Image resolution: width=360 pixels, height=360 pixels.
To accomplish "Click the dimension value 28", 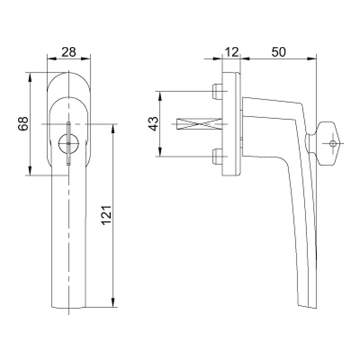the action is tap(69, 52).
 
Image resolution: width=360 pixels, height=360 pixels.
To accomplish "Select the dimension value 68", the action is tap(23, 124).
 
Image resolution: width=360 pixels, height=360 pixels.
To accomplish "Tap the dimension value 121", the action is tap(106, 215).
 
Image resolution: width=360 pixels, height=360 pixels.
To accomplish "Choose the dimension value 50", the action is tap(279, 52).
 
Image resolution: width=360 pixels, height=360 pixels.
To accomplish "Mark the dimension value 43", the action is tap(153, 124).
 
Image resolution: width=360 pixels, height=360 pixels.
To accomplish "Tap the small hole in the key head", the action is tap(333, 144).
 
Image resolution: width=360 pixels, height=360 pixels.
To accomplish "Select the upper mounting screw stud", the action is tap(217, 92).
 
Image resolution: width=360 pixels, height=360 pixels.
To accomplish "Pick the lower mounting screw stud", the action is tap(217, 157).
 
